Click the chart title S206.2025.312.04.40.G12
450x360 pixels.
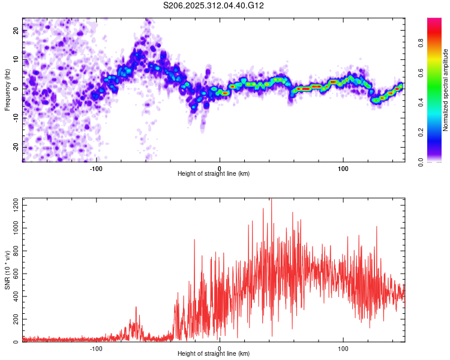click(x=214, y=5)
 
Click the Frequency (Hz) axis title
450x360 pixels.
click(x=7, y=90)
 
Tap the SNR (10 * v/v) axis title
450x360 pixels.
click(x=7, y=270)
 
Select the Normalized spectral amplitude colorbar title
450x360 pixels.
click(x=446, y=90)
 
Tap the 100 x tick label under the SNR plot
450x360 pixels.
click(x=343, y=349)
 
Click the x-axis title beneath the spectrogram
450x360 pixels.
click(x=214, y=174)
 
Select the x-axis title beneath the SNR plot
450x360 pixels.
click(x=214, y=354)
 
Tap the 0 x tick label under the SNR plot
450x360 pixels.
click(x=220, y=349)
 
